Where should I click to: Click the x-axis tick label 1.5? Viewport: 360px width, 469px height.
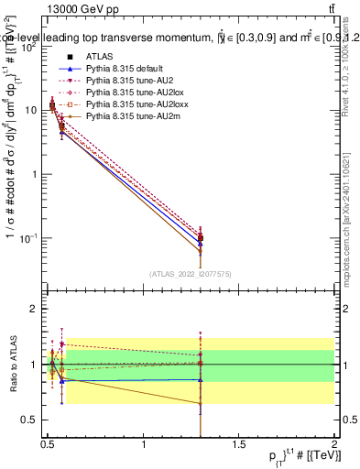(239, 444)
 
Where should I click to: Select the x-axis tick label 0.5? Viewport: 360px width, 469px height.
(48, 444)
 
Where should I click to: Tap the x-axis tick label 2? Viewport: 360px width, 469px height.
(334, 444)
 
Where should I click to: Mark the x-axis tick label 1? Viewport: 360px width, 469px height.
(144, 444)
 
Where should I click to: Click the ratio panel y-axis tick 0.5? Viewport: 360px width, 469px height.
(32, 420)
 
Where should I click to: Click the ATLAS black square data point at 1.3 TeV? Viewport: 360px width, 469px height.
(201, 238)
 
